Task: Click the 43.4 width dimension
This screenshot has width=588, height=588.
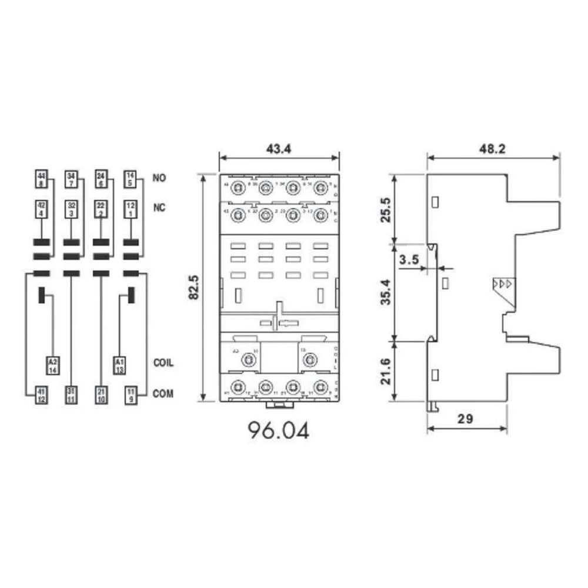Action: [279, 149]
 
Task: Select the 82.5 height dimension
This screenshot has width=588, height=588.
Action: [193, 287]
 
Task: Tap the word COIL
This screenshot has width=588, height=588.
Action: [163, 363]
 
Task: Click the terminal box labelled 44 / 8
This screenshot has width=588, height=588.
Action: [41, 178]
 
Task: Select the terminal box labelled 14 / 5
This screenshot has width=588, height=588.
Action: [130, 178]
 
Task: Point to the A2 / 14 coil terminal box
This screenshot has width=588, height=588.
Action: [53, 365]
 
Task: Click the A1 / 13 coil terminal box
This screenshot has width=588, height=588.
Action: [119, 365]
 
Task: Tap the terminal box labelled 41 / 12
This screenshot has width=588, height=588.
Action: [41, 395]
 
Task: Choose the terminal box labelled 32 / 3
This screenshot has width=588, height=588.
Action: [71, 209]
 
